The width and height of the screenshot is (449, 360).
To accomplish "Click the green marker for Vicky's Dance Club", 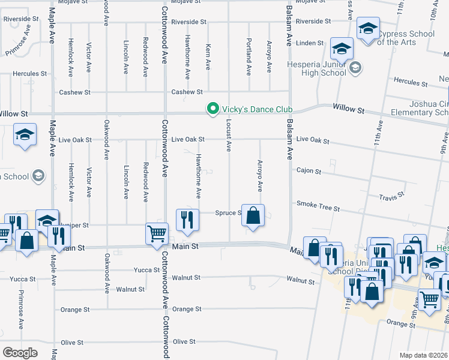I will click(x=212, y=109).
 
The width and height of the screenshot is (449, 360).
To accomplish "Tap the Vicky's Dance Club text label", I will click(x=258, y=109).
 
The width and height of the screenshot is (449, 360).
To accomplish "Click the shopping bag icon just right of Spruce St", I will click(x=253, y=216).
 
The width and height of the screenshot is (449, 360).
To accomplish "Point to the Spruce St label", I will click(x=228, y=213).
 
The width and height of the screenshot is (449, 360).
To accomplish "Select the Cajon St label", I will click(x=309, y=171).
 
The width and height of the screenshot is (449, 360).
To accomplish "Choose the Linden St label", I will click(x=310, y=43).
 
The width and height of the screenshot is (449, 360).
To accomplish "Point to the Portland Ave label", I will click(x=249, y=57).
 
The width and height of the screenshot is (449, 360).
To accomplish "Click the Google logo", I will click(x=20, y=352).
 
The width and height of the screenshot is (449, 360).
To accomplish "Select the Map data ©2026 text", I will click(x=423, y=355).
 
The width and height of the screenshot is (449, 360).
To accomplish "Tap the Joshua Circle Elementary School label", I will click(x=420, y=107).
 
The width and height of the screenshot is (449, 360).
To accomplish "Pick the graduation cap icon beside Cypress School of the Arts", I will click(x=368, y=28).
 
